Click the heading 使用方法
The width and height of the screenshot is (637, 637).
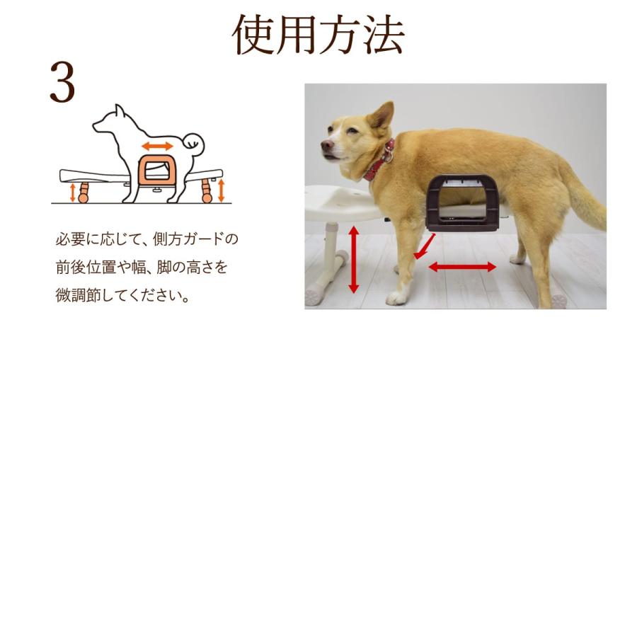[318, 35]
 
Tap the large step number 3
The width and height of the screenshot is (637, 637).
[62, 83]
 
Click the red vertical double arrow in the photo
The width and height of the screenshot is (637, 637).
[354, 260]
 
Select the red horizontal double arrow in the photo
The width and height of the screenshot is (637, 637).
[462, 267]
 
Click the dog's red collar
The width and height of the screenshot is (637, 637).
[380, 162]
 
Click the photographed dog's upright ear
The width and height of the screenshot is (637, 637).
[383, 115]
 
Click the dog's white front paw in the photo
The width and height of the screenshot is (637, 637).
[396, 297]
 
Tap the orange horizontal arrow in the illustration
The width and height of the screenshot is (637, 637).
[156, 146]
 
